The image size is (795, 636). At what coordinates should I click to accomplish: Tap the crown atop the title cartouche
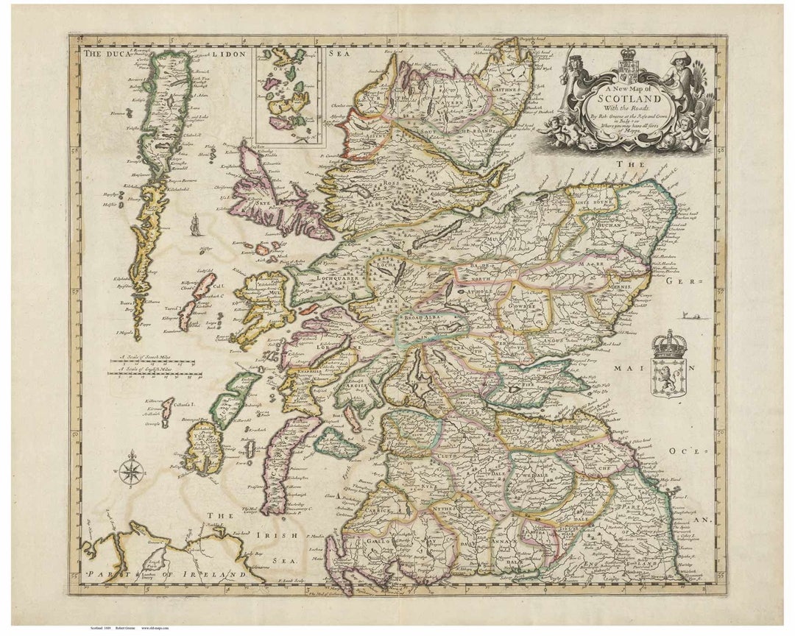coord(627,55)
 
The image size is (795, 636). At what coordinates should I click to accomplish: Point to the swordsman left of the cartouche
coord(568,74)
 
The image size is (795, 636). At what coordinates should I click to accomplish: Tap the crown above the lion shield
coord(669,344)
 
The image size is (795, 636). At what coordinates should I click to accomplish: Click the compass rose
coord(131,470)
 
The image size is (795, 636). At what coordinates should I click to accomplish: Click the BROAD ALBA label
coord(427,319)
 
